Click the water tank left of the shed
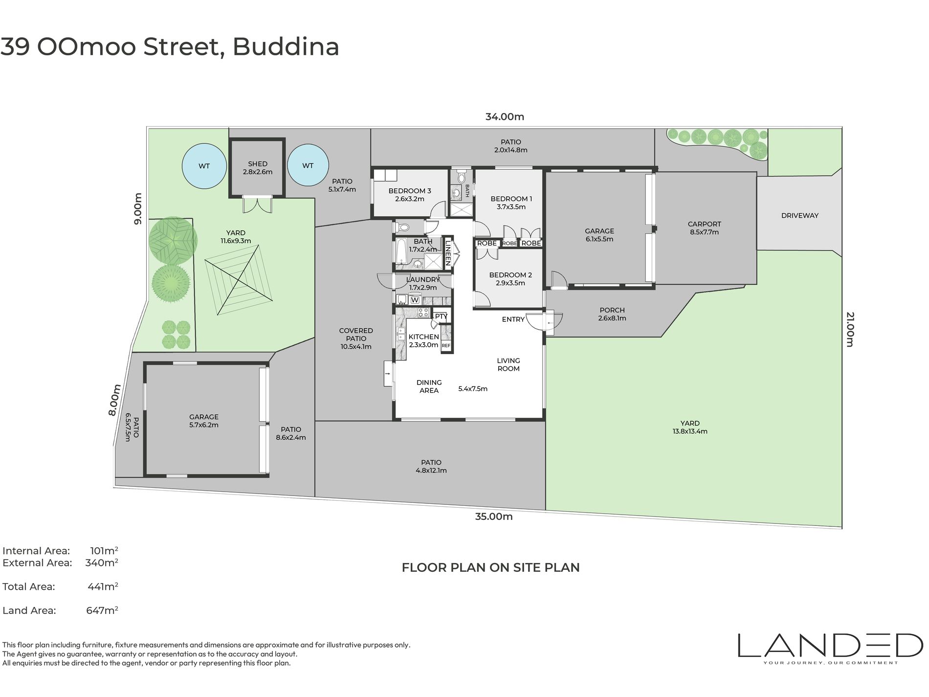coord(204,166)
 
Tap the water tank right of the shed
coord(308,165)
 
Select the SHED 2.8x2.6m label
coord(258,168)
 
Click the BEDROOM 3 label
coord(410,191)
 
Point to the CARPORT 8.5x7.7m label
coord(705,228)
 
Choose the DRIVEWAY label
coord(800,215)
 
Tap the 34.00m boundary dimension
coord(505,116)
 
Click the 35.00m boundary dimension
coord(494,517)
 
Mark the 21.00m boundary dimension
coord(850,329)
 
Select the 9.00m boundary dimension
coord(138,209)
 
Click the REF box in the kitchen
coord(446,345)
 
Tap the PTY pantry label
coord(441,316)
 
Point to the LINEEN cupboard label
coord(448,252)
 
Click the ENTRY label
coord(513,319)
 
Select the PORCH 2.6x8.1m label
coord(612,314)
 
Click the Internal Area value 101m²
coord(104,551)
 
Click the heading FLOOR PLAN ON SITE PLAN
coord(490,567)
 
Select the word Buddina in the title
coord(286,47)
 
